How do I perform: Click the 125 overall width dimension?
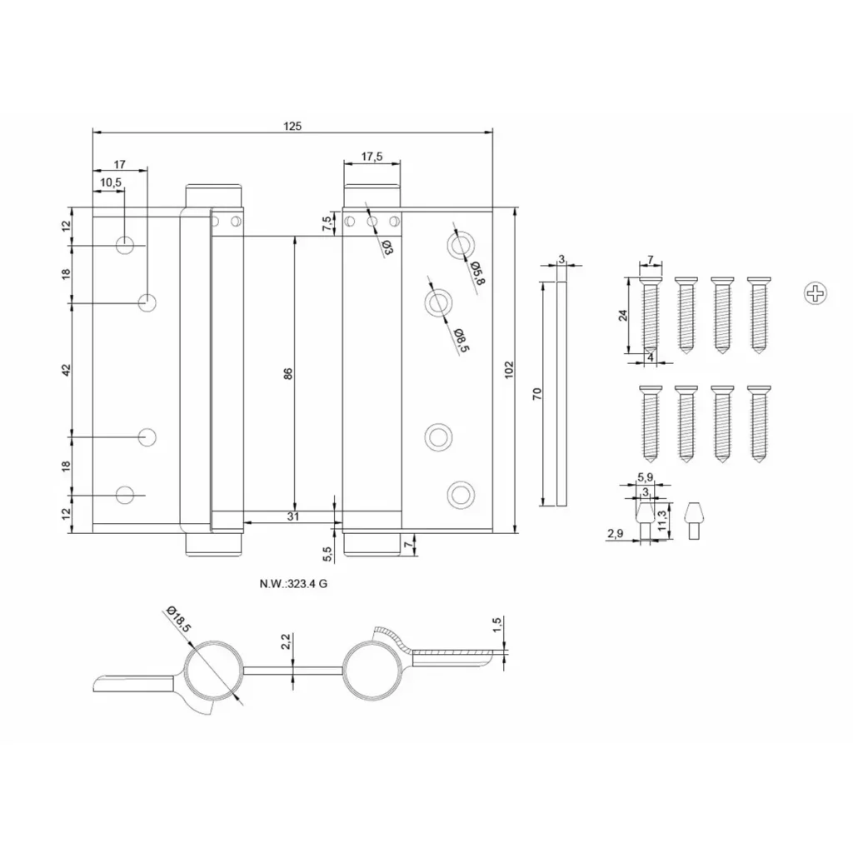point(292,127)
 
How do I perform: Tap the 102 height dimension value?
point(509,370)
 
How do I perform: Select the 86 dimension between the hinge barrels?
point(288,374)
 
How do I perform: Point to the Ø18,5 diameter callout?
point(179,619)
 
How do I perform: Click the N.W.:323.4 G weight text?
point(293,584)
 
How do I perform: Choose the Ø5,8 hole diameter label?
point(477,272)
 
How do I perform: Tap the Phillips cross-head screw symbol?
point(815,293)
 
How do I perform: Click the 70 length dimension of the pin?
point(537,394)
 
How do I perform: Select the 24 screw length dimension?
point(623,315)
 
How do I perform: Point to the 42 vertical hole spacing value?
point(66,370)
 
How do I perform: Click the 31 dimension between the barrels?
point(292,516)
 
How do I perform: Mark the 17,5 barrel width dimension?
point(372,157)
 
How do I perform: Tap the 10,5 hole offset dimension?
point(111,182)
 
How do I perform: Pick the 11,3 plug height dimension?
point(661,521)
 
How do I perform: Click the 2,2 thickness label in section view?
point(286,641)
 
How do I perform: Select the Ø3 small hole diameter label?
point(387,247)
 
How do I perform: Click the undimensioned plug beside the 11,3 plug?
point(693,521)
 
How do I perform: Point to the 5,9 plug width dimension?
point(646,477)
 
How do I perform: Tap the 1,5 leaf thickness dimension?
point(496,625)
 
